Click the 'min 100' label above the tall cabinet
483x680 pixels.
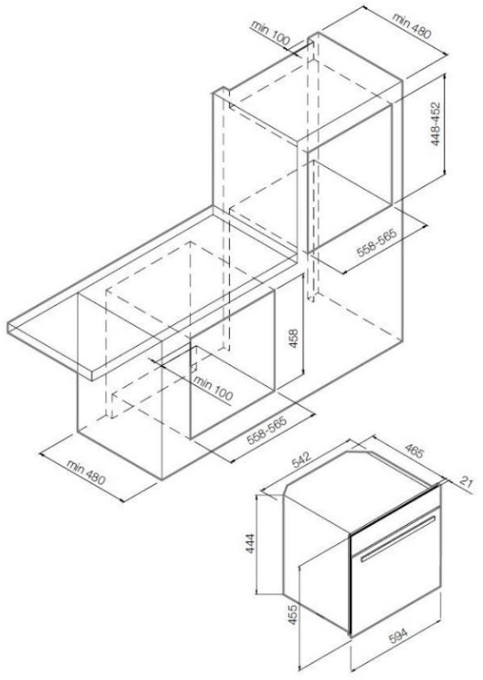(x=270, y=34)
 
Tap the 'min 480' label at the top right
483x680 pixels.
(x=412, y=26)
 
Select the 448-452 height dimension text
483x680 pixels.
(x=436, y=123)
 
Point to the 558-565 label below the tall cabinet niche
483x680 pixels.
(x=377, y=243)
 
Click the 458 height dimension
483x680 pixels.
(x=294, y=339)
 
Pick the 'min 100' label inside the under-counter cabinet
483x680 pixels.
(x=213, y=388)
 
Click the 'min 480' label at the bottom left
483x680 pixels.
(x=86, y=472)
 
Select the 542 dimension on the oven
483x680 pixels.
(x=301, y=460)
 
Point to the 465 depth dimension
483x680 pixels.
(x=413, y=451)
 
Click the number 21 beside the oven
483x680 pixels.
(x=466, y=482)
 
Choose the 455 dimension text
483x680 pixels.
(x=293, y=614)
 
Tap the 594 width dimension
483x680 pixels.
(x=397, y=636)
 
